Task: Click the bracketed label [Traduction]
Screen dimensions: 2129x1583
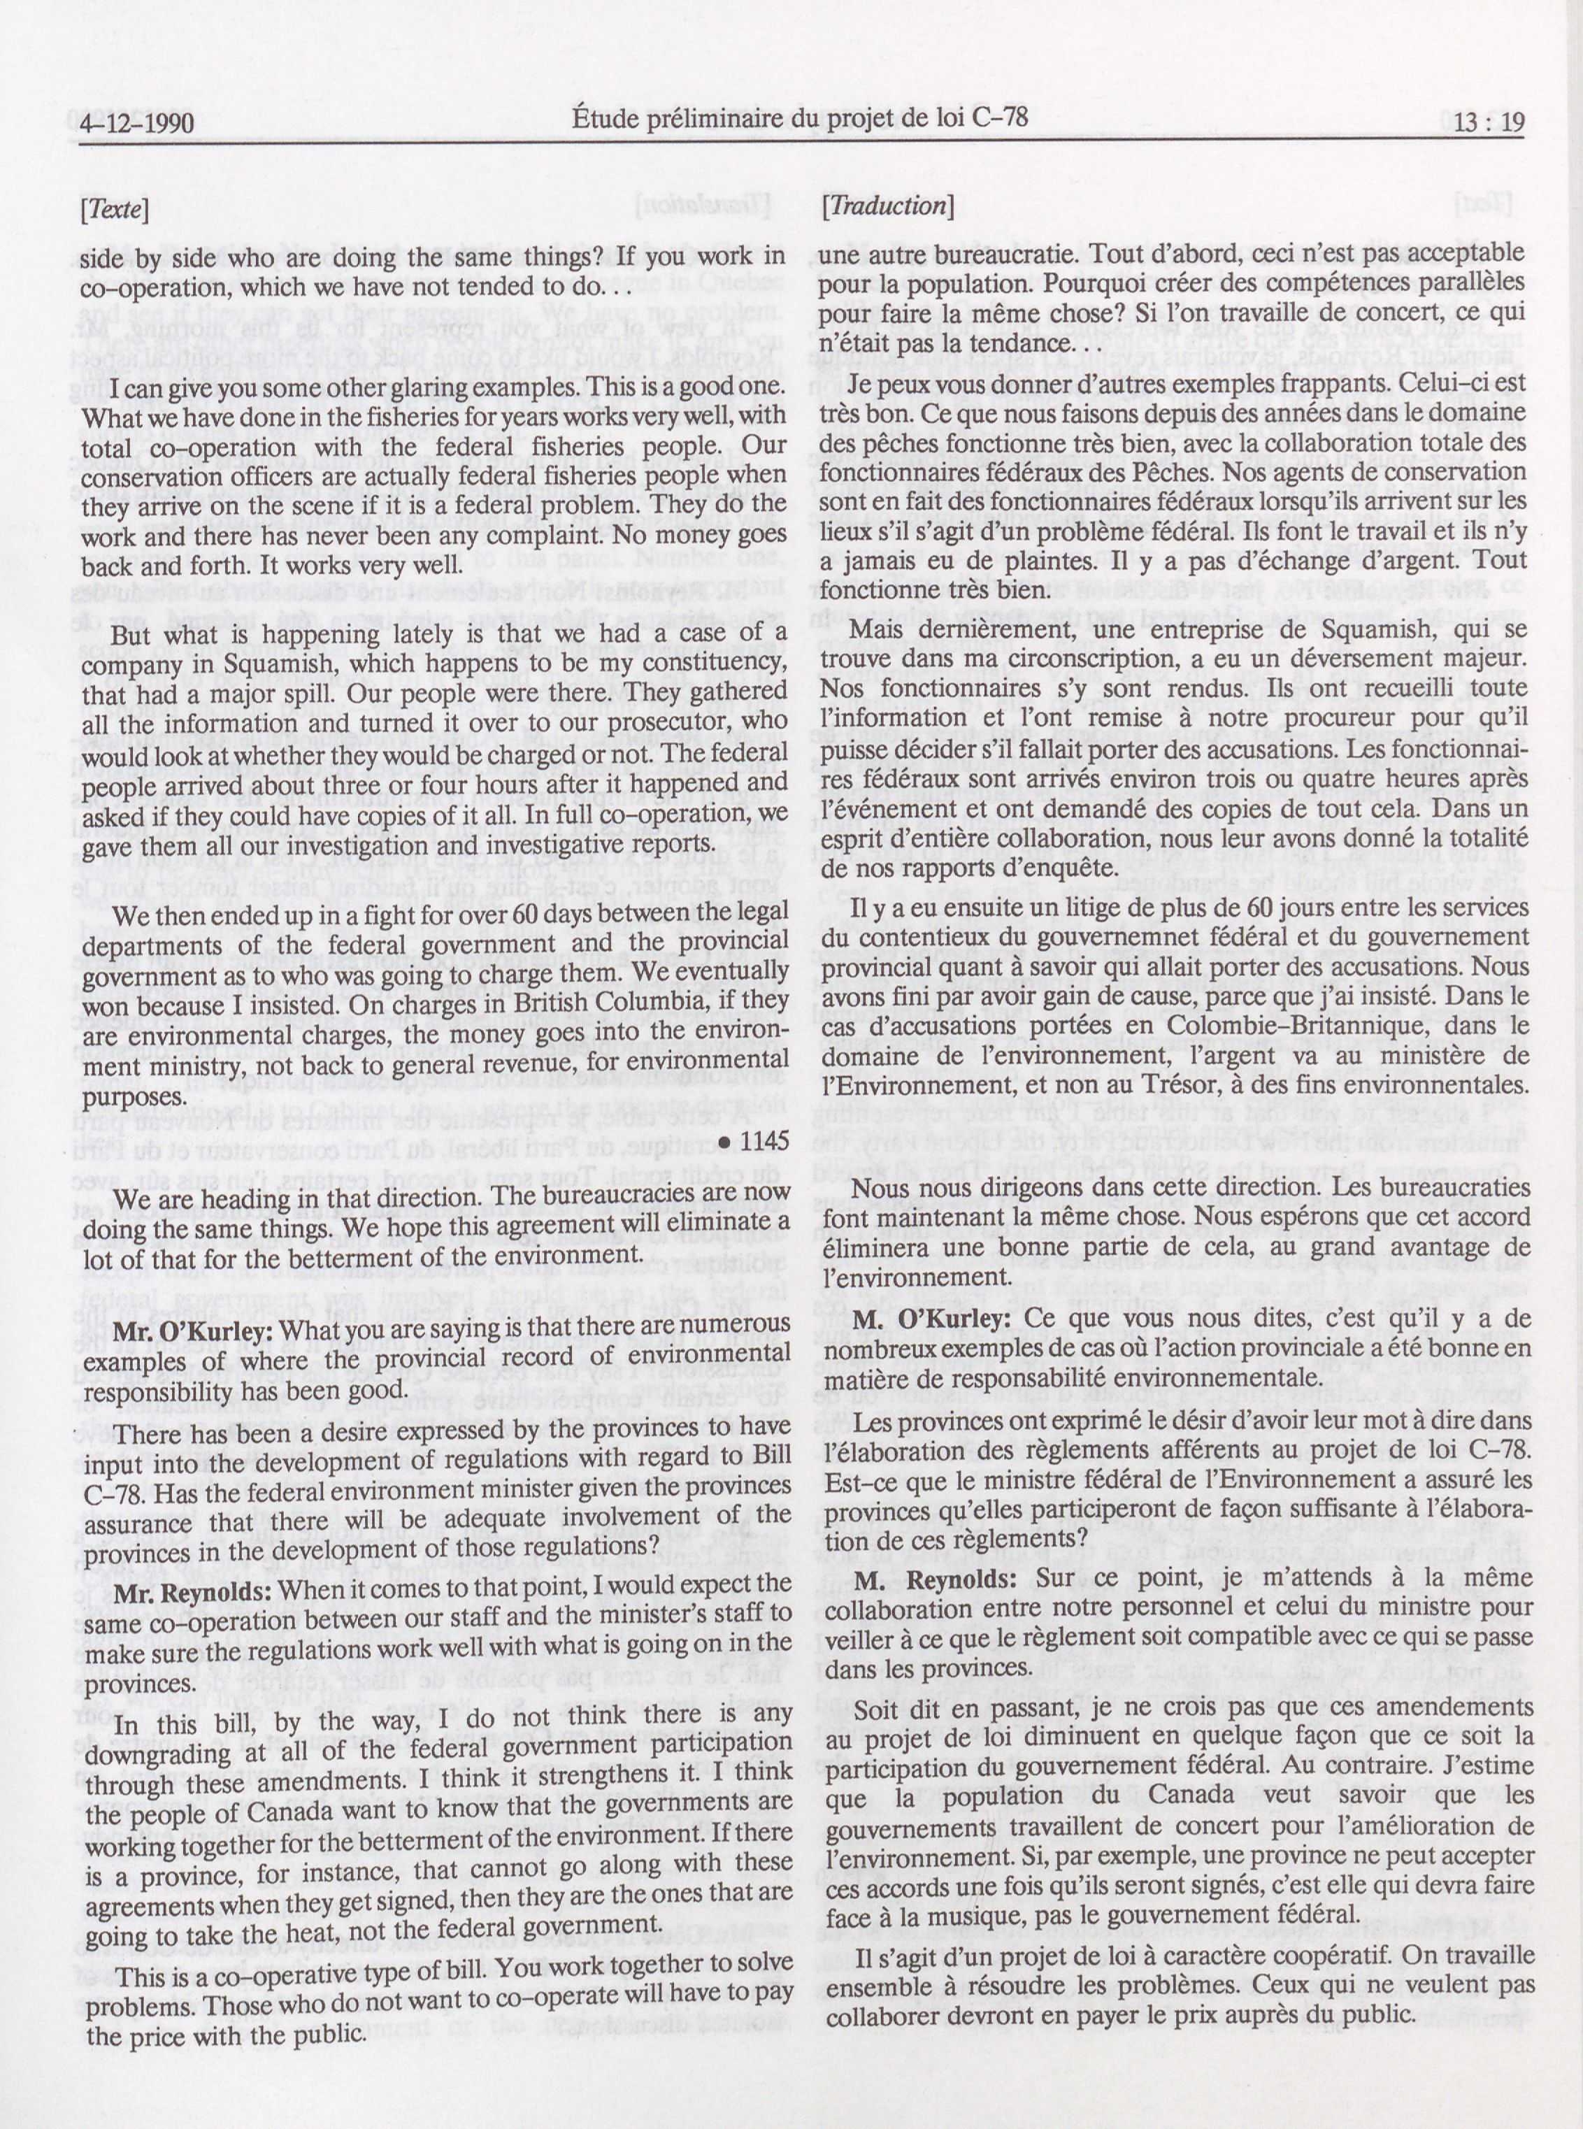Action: [x=887, y=205]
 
